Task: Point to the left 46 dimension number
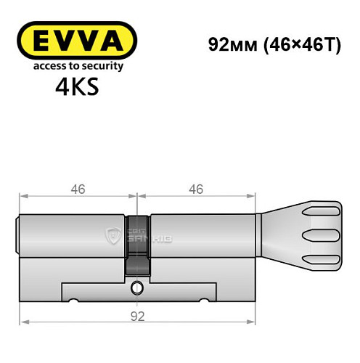tap(78, 189)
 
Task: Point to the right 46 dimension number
tap(197, 189)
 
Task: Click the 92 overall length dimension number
tap(139, 315)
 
